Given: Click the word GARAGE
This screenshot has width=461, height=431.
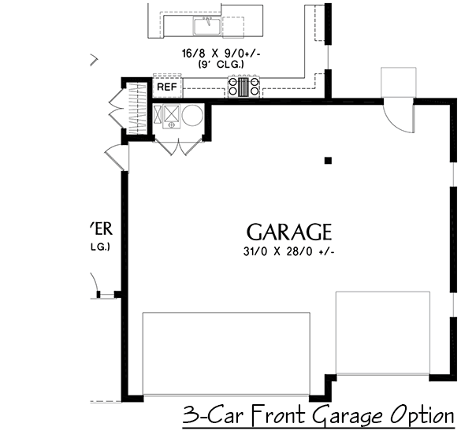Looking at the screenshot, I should pos(288,232).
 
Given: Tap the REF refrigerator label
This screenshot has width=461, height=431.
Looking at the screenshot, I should pos(166,87).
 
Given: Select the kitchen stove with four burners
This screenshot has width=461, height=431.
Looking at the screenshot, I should pos(244,86).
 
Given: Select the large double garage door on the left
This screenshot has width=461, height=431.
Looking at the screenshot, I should pos(225,351).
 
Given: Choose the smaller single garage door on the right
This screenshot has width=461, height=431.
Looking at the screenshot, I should pos(382,333).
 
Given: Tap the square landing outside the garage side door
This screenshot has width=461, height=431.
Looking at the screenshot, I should pos(397,82).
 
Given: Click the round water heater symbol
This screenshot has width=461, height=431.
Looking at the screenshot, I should pos(192,116).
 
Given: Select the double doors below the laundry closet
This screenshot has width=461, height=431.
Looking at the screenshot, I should pos(180,147).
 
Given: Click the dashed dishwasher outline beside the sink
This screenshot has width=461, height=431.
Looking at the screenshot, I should pos(234,27).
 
